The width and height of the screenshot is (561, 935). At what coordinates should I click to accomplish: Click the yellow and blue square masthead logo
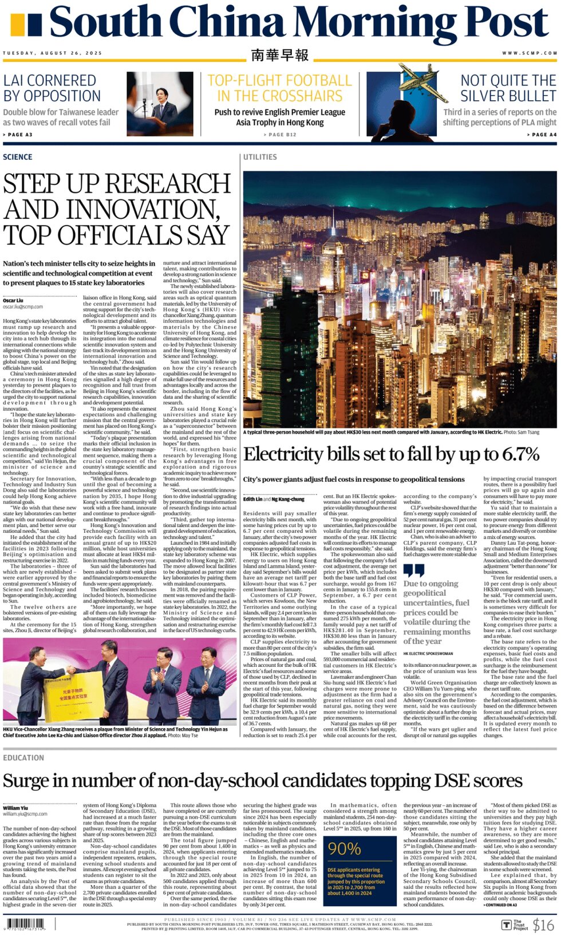click(26, 25)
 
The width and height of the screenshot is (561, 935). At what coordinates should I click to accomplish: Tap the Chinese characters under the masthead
click(280, 55)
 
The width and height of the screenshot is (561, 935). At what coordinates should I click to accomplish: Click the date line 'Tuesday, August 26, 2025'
click(53, 53)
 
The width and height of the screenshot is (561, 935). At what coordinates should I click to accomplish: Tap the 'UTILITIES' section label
click(260, 157)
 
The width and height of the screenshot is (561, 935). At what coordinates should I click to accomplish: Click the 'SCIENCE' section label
click(18, 157)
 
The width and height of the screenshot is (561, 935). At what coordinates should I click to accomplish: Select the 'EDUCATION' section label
click(23, 758)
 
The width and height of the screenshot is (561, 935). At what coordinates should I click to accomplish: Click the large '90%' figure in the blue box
click(344, 849)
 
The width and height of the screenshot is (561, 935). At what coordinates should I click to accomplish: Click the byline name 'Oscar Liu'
click(13, 300)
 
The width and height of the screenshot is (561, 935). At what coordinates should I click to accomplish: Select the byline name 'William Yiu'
click(15, 808)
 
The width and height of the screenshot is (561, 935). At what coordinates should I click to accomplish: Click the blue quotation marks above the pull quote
click(414, 571)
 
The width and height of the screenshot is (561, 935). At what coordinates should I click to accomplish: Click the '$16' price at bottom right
click(543, 925)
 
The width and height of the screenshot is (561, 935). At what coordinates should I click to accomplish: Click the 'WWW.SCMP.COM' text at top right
click(530, 53)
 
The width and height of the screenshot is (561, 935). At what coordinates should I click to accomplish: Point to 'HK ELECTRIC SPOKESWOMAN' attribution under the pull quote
click(428, 653)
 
